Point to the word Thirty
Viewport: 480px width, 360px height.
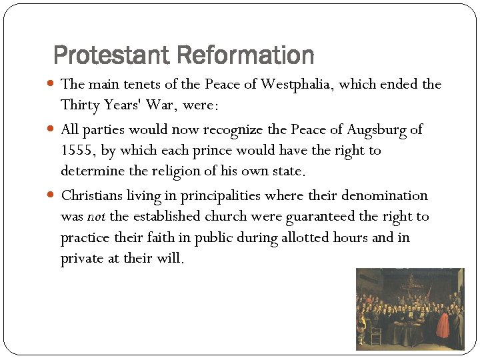[79, 105]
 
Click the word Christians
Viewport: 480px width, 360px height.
[93, 196]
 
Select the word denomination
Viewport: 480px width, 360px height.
[384, 196]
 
